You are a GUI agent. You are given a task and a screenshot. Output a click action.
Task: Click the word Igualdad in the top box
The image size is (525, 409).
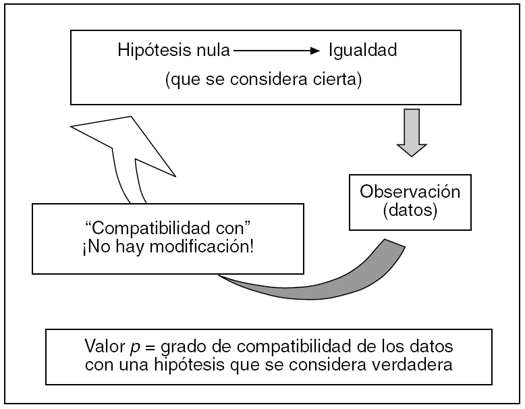[363, 50]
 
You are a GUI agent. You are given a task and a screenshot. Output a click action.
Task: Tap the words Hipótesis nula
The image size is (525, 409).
[174, 50]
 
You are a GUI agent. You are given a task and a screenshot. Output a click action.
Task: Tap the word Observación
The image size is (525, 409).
[410, 191]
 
